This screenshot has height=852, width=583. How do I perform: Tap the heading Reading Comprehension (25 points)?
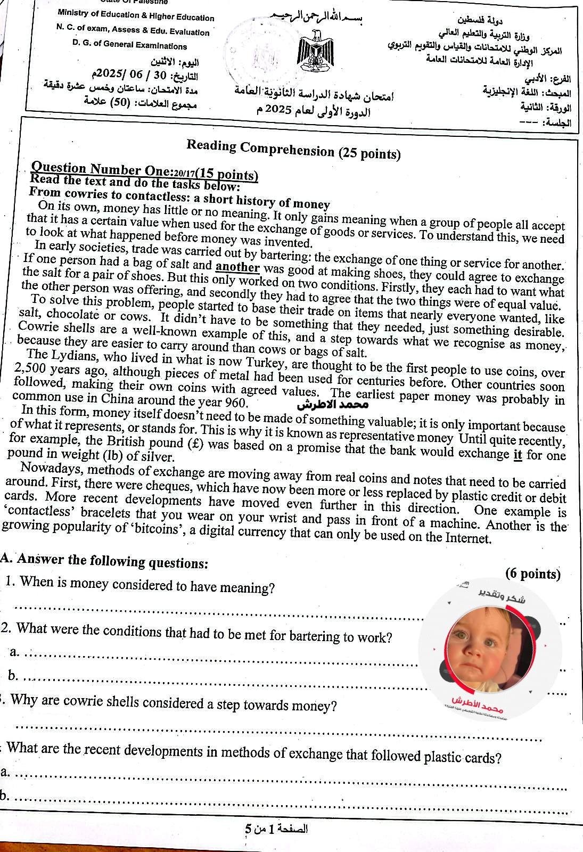tap(293, 150)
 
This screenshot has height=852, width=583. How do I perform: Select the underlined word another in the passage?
tap(239, 267)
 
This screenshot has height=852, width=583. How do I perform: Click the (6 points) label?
tap(533, 574)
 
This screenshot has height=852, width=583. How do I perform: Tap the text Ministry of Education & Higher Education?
tap(136, 18)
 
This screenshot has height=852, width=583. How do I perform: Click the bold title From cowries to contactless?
tap(179, 198)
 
